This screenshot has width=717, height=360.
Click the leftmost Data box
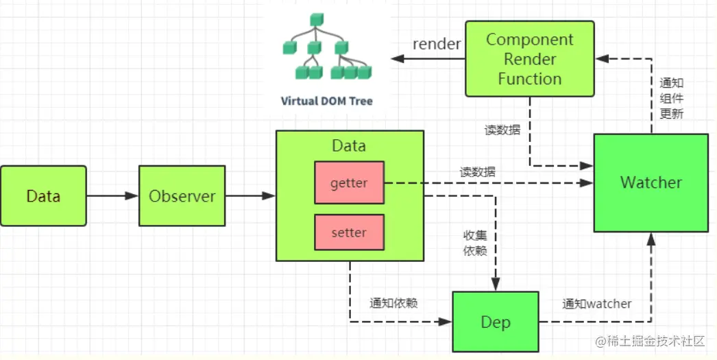pyautogui.click(x=43, y=196)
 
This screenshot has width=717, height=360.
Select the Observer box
pyautogui.click(x=182, y=196)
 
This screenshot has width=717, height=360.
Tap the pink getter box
pyautogui.click(x=349, y=183)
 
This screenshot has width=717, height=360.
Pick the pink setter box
pyautogui.click(x=349, y=232)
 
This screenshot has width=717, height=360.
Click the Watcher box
pyautogui.click(x=651, y=182)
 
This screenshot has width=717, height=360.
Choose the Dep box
pyautogui.click(x=495, y=322)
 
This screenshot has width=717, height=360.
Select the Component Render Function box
pyautogui.click(x=529, y=59)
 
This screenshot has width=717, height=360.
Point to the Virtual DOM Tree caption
pyautogui.click(x=327, y=101)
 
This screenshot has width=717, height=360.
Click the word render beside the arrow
pyautogui.click(x=437, y=44)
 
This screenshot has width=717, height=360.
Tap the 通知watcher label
pyautogui.click(x=597, y=303)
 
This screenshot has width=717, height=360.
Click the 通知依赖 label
pyautogui.click(x=394, y=303)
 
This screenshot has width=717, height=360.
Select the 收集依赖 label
pyautogui.click(x=476, y=243)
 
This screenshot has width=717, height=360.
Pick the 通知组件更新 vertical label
pyautogui.click(x=671, y=99)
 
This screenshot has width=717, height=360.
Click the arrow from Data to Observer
pyautogui.click(x=112, y=196)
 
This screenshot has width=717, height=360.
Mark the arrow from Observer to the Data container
pyautogui.click(x=250, y=196)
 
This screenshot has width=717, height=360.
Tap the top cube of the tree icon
pyautogui.click(x=316, y=19)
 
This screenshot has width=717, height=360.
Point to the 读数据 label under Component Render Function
pyautogui.click(x=502, y=130)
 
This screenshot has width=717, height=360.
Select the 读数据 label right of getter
pyautogui.click(x=478, y=173)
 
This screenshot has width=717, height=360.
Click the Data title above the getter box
pyautogui.click(x=349, y=145)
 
